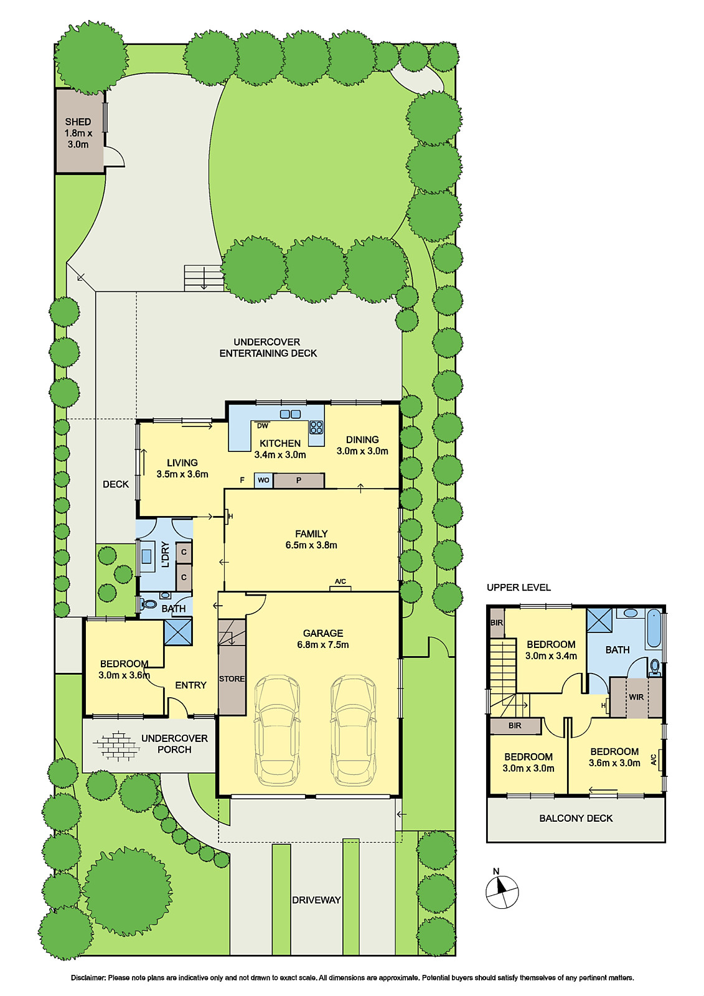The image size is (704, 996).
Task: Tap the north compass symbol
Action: tap(502, 891)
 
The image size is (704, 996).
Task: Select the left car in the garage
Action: tap(277, 730)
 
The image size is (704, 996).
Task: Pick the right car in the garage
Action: tap(353, 730)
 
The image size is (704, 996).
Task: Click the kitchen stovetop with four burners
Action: tap(316, 427)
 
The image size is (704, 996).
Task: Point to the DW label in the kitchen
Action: tap(263, 426)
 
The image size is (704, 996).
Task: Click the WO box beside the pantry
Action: tap(263, 480)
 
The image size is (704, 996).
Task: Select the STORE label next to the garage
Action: tap(232, 679)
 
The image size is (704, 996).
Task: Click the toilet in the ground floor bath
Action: tap(149, 604)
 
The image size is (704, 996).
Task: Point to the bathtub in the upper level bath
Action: tap(654, 629)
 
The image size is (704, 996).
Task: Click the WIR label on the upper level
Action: tap(636, 697)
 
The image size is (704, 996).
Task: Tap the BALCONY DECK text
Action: tap(576, 818)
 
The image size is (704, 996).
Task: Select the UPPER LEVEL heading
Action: tap(519, 587)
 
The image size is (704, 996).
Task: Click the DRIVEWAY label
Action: tap(316, 900)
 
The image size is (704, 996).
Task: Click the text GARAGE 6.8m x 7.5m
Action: tap(322, 639)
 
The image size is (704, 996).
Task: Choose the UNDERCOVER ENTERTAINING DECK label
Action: tap(268, 347)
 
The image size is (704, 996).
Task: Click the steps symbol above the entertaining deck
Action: tap(203, 278)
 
